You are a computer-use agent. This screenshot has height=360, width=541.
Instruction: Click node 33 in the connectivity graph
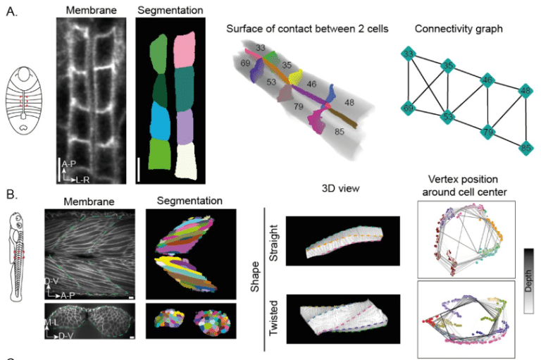407,54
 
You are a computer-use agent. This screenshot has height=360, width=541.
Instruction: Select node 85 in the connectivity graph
525,149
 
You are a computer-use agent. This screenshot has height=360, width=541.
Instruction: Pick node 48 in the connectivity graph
525,90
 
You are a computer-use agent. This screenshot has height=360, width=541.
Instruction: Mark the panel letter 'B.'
12,193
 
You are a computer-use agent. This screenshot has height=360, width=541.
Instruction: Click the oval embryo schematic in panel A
27,104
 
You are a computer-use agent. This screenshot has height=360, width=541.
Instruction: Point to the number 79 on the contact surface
299,107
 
